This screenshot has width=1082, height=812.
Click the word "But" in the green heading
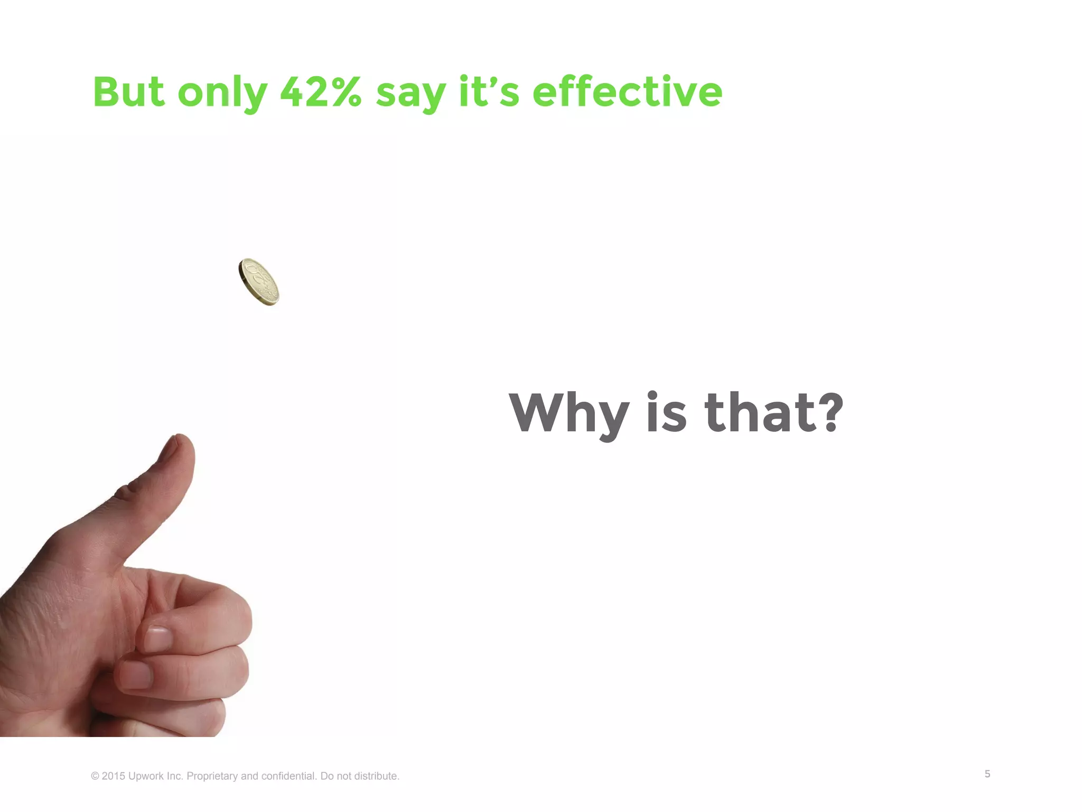pyautogui.click(x=128, y=92)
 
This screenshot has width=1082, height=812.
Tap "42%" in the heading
pyautogui.click(x=321, y=92)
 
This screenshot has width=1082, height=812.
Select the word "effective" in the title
pyautogui.click(x=627, y=92)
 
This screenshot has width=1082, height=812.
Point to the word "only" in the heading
pyautogui.click(x=222, y=93)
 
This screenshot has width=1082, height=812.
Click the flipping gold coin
pyautogui.click(x=259, y=282)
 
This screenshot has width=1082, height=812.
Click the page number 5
pyautogui.click(x=987, y=774)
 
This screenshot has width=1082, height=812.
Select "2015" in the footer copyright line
pyautogui.click(x=114, y=776)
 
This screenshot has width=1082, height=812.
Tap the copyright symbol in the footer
pyautogui.click(x=95, y=776)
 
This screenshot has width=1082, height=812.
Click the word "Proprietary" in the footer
pyautogui.click(x=212, y=776)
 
